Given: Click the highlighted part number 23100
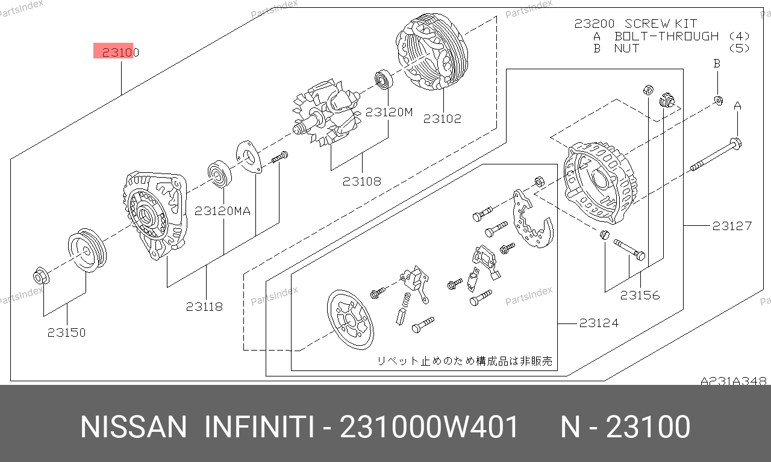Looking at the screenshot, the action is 120,52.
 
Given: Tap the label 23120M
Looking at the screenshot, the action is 389,112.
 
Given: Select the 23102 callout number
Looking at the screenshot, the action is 442,119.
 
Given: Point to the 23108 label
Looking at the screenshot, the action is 362,181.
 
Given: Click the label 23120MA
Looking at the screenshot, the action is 223,211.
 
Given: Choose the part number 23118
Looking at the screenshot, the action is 204,307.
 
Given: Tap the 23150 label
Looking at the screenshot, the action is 66,332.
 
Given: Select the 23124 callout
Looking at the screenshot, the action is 599,323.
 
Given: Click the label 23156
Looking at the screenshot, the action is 640,295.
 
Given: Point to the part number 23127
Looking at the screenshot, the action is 732,226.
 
